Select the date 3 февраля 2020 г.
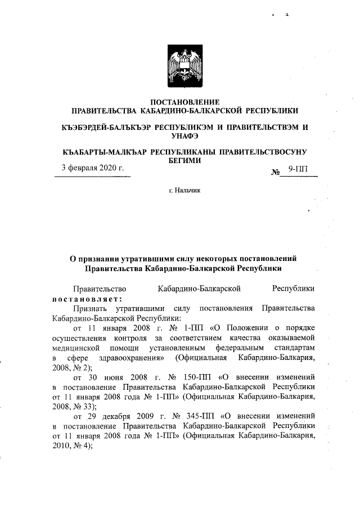93,168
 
